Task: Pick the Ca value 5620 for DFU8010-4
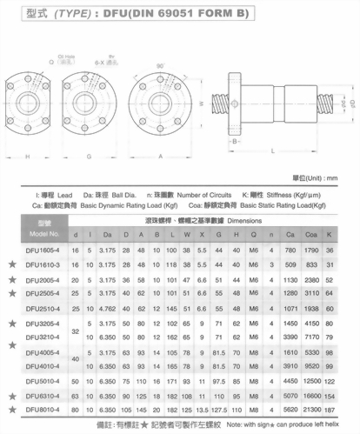point(290,409)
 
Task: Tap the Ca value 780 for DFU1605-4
point(290,250)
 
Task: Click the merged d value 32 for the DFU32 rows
point(76,331)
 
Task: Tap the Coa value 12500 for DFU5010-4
point(310,381)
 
